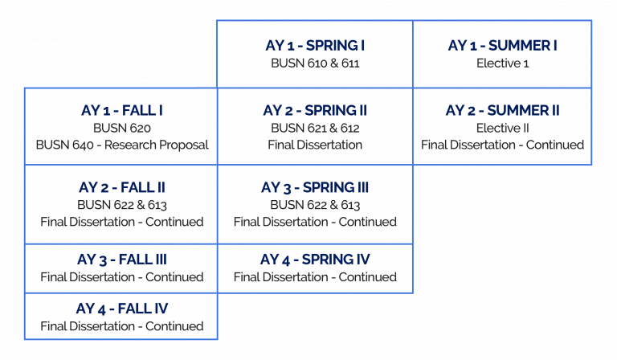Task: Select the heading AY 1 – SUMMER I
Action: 502,45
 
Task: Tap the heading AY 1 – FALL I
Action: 121,110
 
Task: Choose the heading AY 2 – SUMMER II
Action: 502,110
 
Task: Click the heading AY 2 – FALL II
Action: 121,188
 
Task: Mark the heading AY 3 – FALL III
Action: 121,260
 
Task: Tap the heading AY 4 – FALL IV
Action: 121,309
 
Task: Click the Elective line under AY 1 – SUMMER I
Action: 502,61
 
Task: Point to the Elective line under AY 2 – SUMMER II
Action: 502,127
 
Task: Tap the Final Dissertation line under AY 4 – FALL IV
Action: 121,327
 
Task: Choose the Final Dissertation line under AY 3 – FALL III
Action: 121,277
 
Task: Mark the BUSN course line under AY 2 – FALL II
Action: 121,205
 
